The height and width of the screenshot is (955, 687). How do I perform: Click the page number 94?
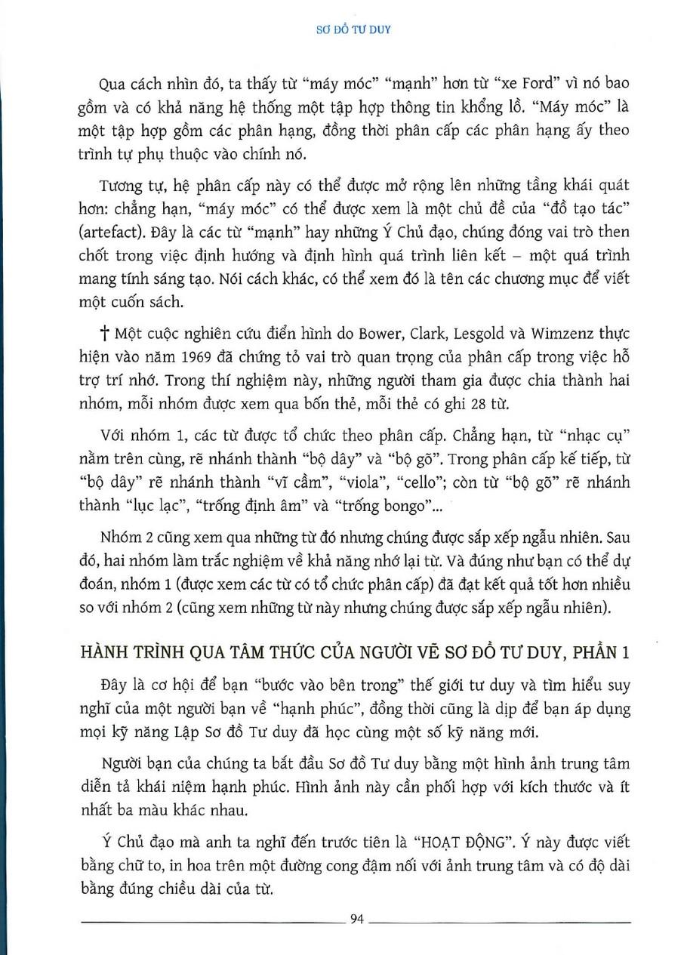(358, 919)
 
